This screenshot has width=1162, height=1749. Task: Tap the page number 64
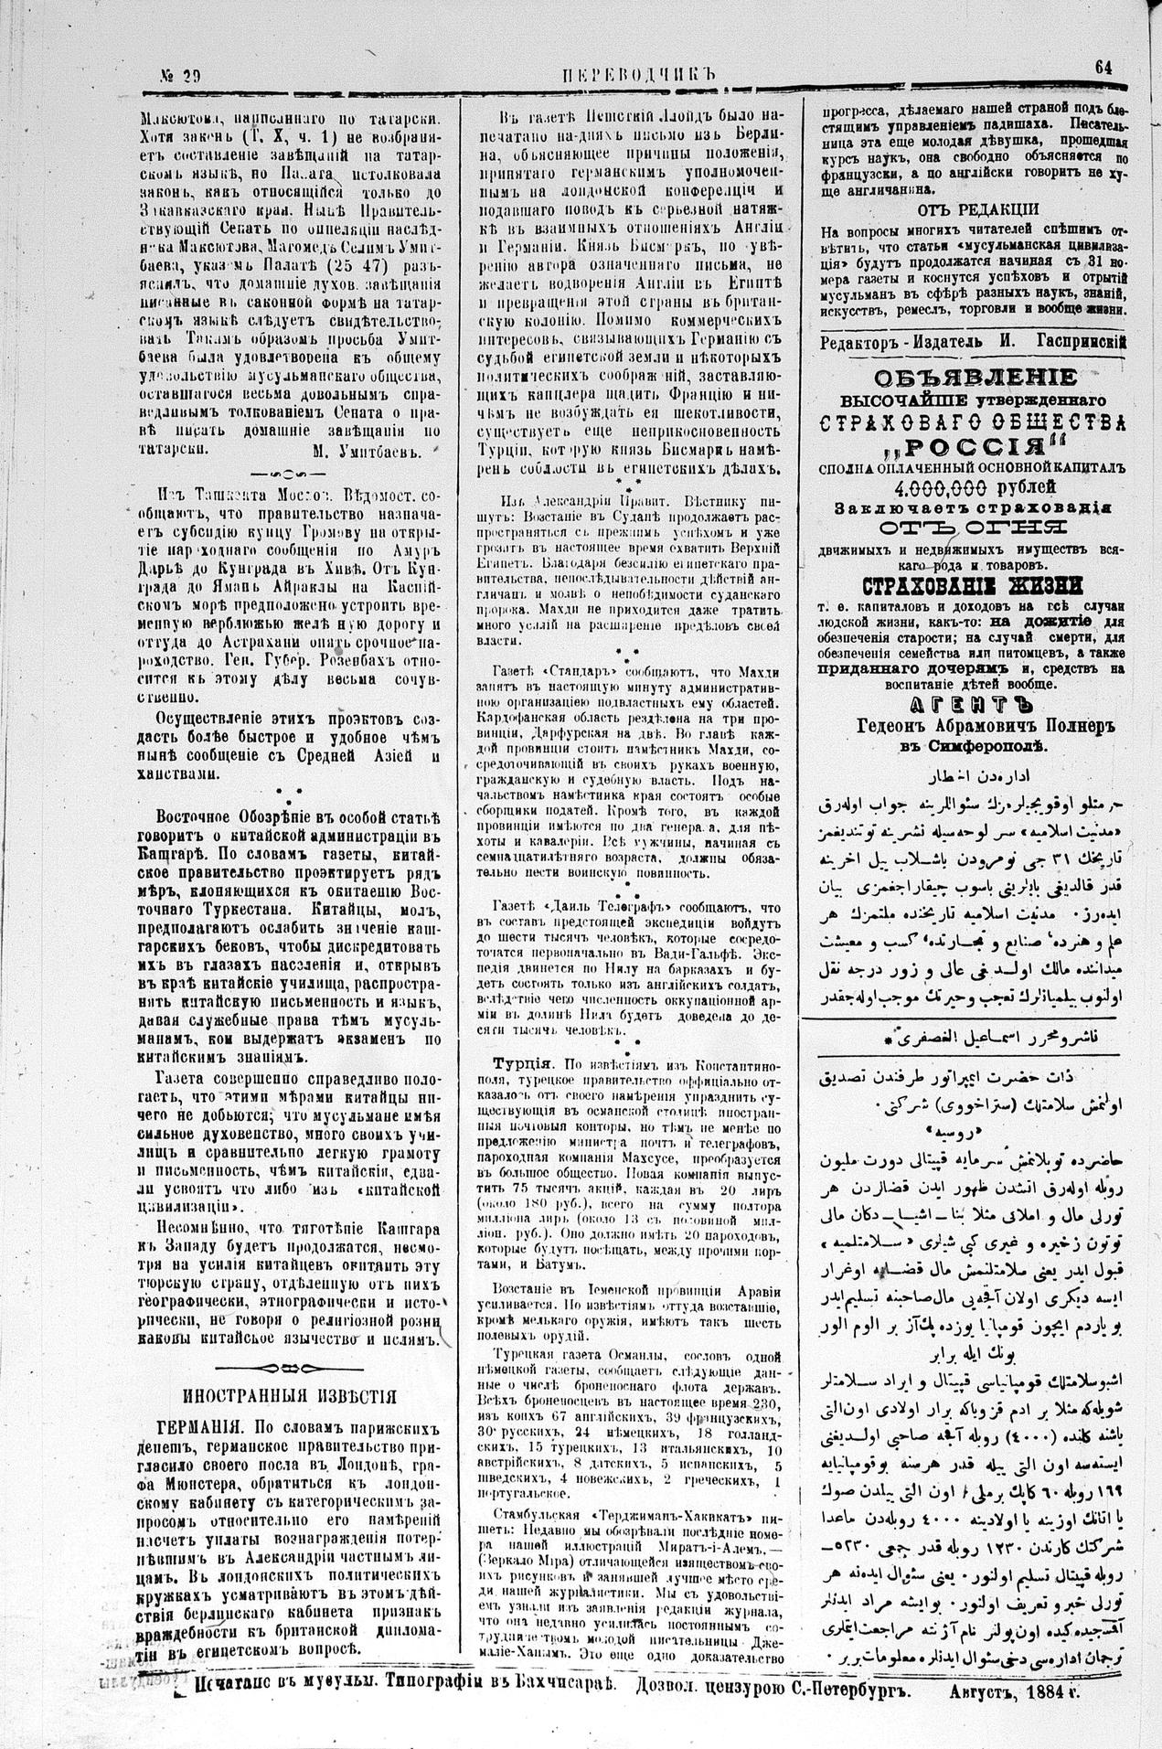click(1103, 67)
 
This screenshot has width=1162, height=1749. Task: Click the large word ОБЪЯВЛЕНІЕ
click(975, 378)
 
